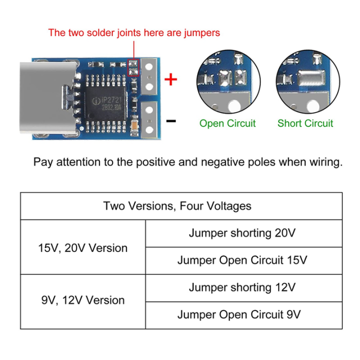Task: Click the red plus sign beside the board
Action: click(x=171, y=79)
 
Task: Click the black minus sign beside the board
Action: click(x=171, y=120)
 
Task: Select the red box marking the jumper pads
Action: click(x=134, y=67)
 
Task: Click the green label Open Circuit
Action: click(x=227, y=123)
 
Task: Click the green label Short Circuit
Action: click(x=305, y=123)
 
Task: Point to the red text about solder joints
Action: click(x=133, y=33)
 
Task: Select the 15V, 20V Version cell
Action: click(x=83, y=248)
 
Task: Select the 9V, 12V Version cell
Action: click(x=83, y=300)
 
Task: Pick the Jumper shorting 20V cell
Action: click(x=242, y=233)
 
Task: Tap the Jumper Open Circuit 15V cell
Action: click(x=242, y=260)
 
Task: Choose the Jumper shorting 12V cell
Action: click(x=242, y=287)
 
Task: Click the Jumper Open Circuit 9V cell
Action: click(x=242, y=315)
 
